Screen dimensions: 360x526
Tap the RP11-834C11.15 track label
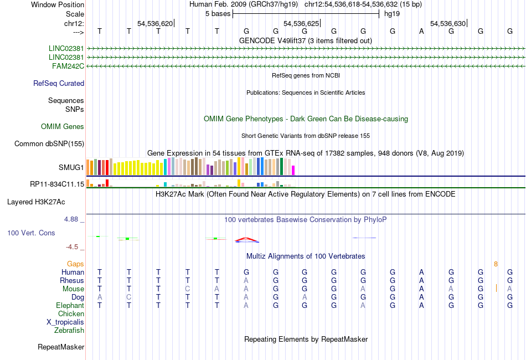point(57,184)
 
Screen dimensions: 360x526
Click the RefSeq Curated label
point(59,84)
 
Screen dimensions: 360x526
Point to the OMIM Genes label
point(63,127)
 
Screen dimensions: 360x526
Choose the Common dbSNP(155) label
point(49,144)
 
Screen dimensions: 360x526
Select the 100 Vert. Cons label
point(31,233)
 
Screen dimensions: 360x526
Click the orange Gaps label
point(75,264)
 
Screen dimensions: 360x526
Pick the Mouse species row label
point(73,289)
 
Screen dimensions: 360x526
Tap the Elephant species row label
point(70,305)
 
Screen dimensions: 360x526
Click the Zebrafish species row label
point(69,331)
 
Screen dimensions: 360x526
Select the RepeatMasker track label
point(61,347)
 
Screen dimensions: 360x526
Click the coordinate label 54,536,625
point(301,24)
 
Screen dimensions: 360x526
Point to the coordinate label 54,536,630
point(448,24)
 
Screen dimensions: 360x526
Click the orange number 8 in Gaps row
point(496,264)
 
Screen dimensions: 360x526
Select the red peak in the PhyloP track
point(247,240)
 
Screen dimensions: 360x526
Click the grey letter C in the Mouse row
point(188,289)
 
